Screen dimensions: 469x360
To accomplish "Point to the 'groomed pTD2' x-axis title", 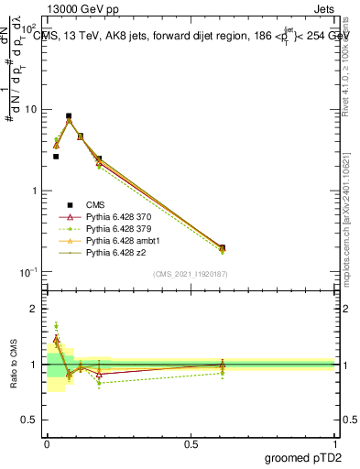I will [x=302, y=457].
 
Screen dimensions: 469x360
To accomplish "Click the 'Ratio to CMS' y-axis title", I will [x=14, y=365].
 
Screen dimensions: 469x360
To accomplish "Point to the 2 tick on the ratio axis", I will [x=36, y=309].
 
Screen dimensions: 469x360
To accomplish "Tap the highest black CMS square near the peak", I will [x=69, y=116].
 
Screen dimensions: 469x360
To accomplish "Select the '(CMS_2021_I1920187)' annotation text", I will [x=191, y=273].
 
